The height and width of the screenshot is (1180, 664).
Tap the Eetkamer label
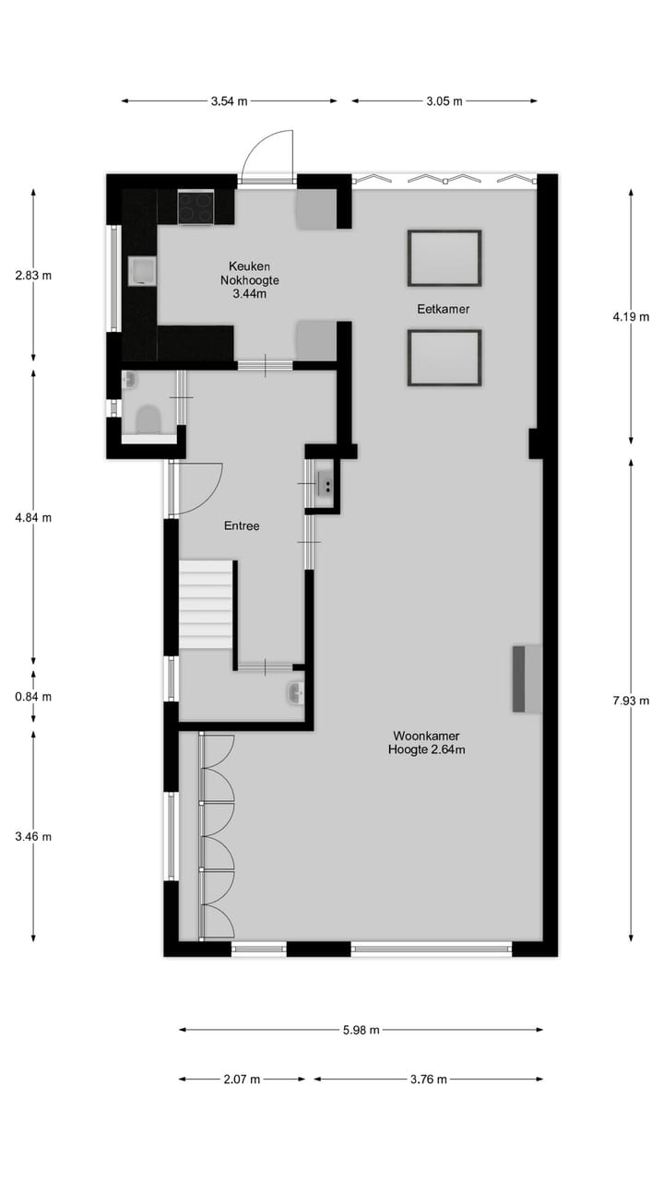pyautogui.click(x=444, y=309)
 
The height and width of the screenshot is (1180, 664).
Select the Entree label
pyautogui.click(x=242, y=526)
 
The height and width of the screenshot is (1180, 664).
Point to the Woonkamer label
pyautogui.click(x=426, y=736)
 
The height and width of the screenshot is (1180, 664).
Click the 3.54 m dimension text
pyautogui.click(x=229, y=101)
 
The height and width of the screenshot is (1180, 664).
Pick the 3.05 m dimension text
pyautogui.click(x=444, y=101)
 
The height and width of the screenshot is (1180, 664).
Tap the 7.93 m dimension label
pyautogui.click(x=631, y=701)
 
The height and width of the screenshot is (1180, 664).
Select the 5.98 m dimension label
pyautogui.click(x=361, y=1031)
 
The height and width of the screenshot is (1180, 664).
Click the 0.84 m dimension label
pyautogui.click(x=33, y=697)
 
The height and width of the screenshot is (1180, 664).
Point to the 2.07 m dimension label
pyautogui.click(x=242, y=1080)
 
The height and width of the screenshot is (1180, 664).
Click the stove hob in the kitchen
pyautogui.click(x=196, y=206)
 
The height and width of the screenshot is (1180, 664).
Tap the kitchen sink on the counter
pyautogui.click(x=143, y=272)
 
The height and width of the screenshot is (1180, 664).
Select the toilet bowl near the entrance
pyautogui.click(x=148, y=420)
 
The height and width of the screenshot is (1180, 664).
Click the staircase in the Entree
pyautogui.click(x=206, y=604)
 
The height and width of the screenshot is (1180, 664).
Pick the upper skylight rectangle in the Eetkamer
pyautogui.click(x=444, y=258)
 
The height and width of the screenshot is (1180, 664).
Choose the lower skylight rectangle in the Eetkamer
pyautogui.click(x=444, y=358)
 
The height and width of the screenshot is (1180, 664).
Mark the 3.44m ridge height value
pyautogui.click(x=249, y=294)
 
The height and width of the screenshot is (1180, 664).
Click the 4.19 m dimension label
pyautogui.click(x=631, y=317)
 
